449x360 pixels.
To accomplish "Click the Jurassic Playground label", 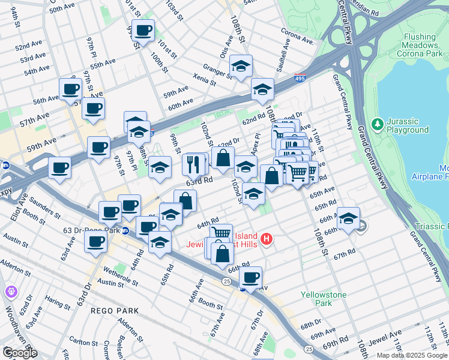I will (x=408, y=125).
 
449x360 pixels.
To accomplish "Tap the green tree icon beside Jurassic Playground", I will (x=377, y=125).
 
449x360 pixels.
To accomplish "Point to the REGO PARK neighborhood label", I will (x=115, y=311).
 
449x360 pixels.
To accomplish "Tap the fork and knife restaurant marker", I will (x=193, y=164).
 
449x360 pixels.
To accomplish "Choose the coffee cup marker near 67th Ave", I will (x=251, y=277).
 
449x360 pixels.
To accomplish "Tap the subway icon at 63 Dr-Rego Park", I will (x=125, y=230).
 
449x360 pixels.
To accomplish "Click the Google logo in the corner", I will (x=19, y=353).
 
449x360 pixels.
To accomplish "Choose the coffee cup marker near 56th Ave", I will (x=70, y=89).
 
